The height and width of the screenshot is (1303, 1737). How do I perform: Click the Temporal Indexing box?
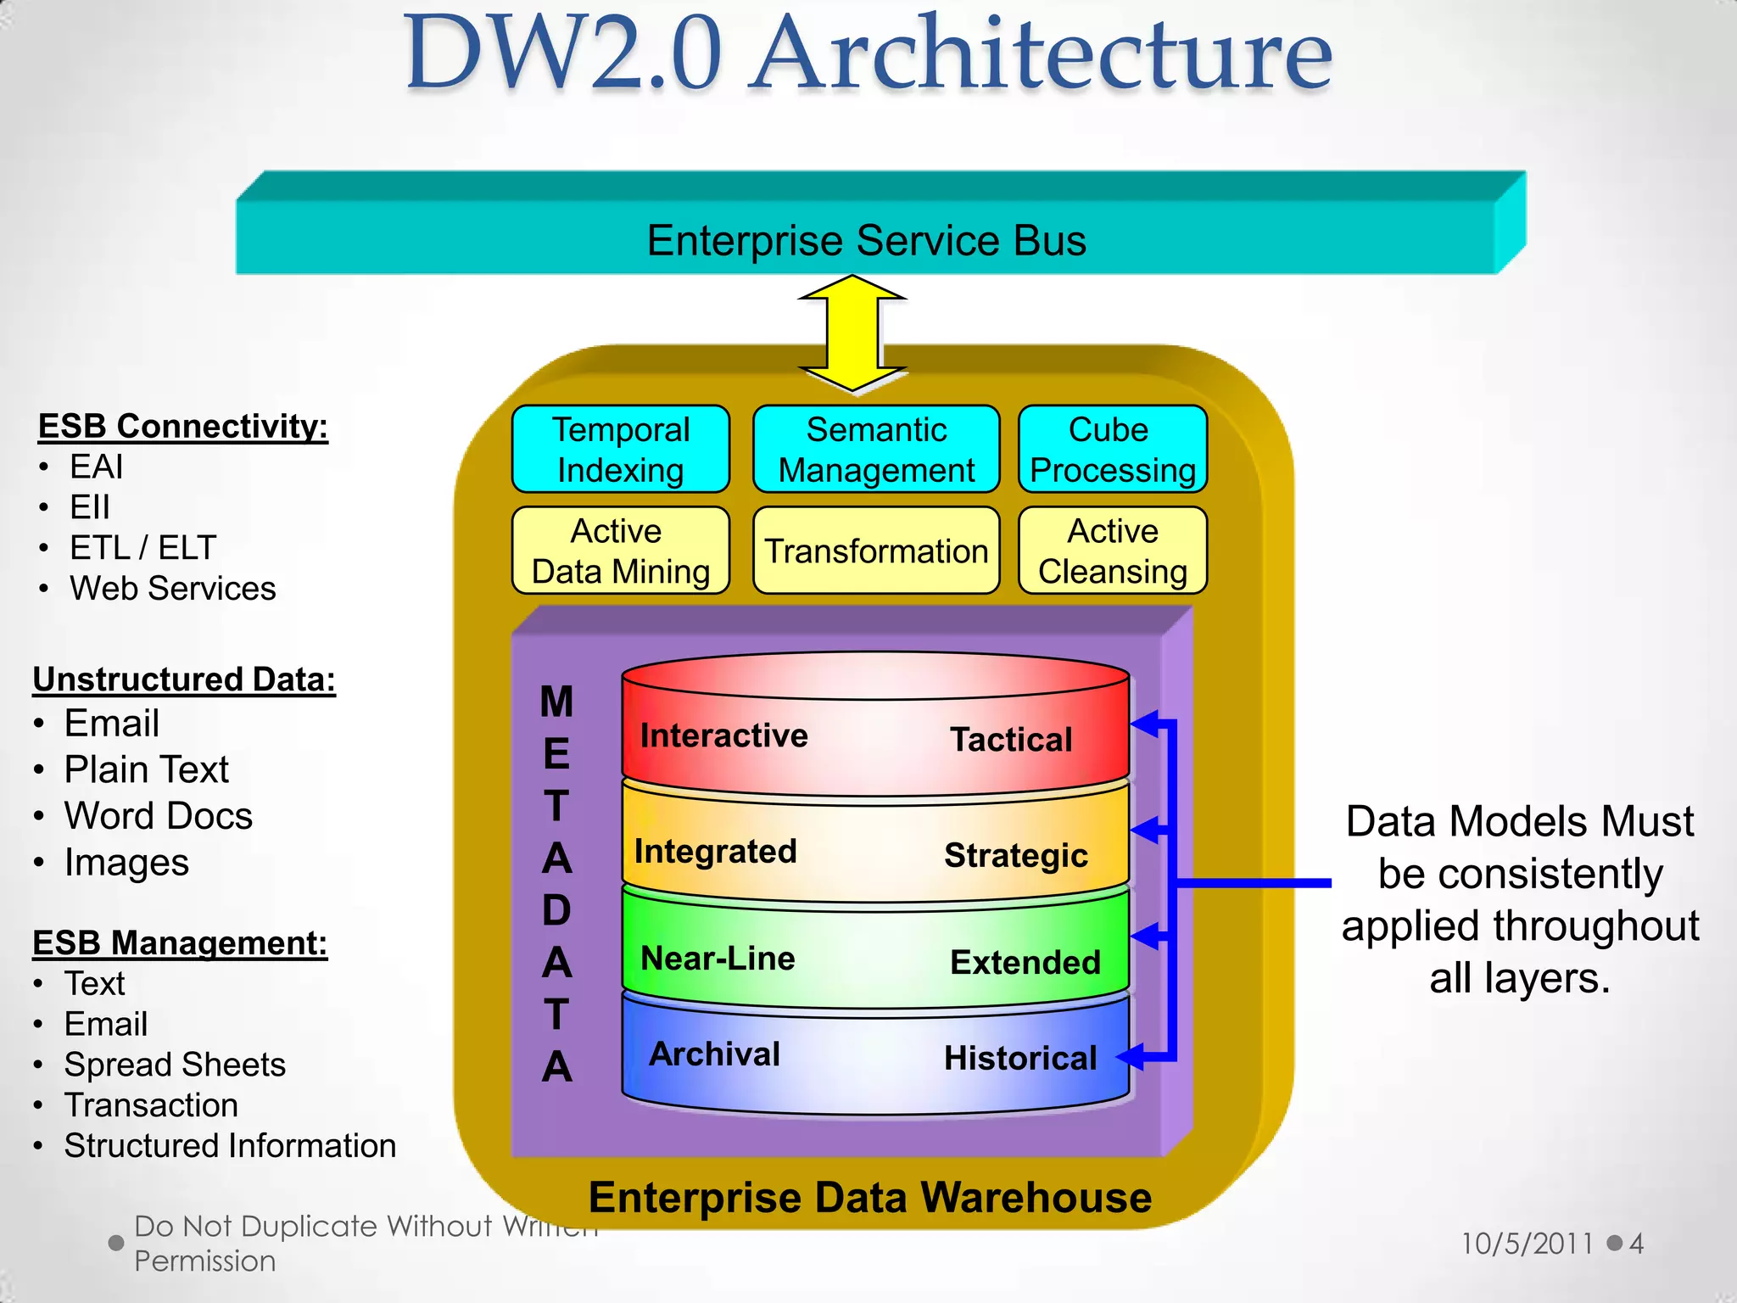coord(621,450)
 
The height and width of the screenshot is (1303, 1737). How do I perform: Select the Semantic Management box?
coord(876,450)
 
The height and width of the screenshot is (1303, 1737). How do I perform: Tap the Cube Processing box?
coord(1112,450)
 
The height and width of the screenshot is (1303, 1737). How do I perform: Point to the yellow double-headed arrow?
coord(852,333)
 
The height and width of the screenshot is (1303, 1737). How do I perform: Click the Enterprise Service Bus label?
coord(866,241)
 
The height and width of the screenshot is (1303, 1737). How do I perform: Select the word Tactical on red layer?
coord(1011,740)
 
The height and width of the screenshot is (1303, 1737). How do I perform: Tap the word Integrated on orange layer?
coord(716,852)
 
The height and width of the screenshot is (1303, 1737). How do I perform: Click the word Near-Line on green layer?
coord(718,959)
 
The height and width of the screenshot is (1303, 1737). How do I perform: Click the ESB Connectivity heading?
coord(183,427)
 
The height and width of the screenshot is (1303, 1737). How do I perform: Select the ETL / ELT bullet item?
coord(142,548)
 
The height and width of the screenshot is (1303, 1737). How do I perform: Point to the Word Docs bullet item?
coord(159,816)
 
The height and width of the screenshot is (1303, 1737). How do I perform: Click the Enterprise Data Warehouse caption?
coord(870,1198)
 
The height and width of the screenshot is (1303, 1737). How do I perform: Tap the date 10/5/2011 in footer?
coord(1527,1244)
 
